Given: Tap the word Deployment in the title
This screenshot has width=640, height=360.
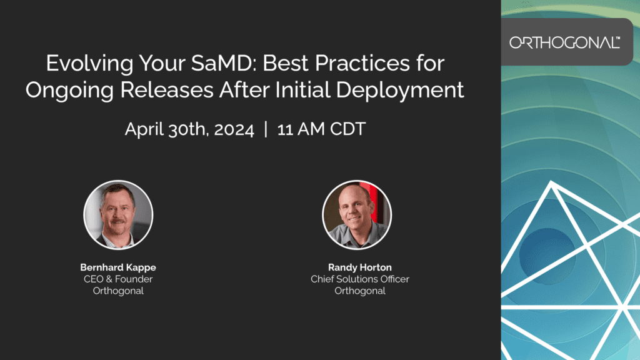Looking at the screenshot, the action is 400,91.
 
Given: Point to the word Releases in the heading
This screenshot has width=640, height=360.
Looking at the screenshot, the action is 166,90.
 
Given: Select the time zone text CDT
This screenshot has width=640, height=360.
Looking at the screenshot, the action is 347,129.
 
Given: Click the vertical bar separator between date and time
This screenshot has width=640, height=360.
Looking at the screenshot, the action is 266,129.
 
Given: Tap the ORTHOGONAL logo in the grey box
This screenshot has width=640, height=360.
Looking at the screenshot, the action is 565,42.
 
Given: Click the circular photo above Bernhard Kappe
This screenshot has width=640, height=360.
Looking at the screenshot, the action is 118,215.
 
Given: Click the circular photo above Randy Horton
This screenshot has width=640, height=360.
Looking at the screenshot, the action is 357,215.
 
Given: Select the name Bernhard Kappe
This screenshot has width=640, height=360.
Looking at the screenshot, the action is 118,267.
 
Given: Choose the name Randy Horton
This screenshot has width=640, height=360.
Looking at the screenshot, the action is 359,267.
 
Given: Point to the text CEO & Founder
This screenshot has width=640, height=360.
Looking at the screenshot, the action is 118,279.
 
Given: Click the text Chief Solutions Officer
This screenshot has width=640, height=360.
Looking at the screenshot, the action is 359,279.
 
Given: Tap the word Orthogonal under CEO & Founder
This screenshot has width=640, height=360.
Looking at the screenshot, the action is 118,291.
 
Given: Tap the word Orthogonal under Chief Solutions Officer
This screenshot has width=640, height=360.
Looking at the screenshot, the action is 359,291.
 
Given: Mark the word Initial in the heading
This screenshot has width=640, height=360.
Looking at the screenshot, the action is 302,90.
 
